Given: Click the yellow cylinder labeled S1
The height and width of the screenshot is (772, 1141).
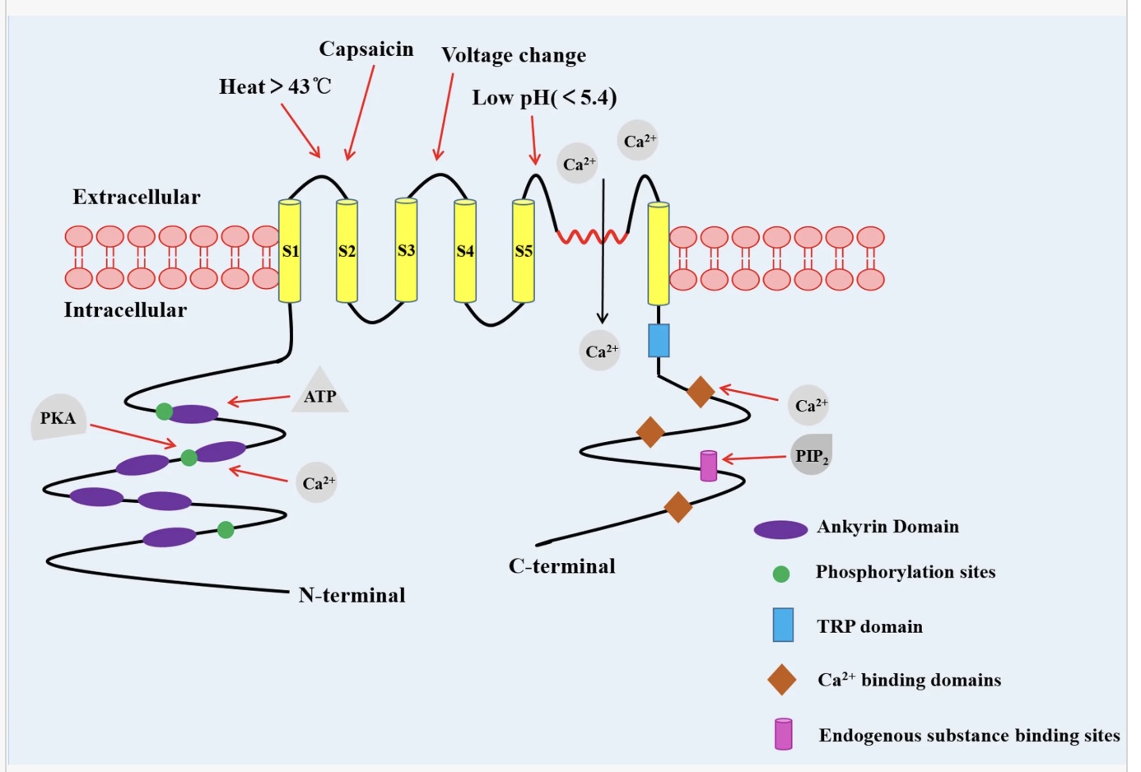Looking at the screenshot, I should tap(290, 251).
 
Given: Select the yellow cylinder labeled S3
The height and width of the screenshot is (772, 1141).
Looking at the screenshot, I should tap(406, 250).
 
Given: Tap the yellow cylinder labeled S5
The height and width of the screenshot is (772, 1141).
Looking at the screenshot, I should tap(524, 251).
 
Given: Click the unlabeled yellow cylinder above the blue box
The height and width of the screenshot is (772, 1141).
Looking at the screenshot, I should tap(659, 253).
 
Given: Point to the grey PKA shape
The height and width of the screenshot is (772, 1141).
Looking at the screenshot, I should tap(58, 418).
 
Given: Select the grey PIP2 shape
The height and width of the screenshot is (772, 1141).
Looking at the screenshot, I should tap(812, 455).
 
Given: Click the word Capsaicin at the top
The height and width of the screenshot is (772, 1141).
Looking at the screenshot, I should tap(366, 49).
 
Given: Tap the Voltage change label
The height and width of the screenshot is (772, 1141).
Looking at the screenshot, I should tap(514, 55).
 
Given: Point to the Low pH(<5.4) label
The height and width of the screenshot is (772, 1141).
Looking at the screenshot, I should tap(544, 98).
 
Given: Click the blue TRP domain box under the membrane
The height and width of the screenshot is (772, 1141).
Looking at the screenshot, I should tap(659, 340).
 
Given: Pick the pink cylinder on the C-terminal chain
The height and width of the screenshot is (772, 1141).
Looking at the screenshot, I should tap(709, 466).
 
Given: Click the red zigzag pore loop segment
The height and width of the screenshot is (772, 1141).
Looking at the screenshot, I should tap(592, 238).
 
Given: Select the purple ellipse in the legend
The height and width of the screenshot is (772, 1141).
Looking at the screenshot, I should tap(780, 529).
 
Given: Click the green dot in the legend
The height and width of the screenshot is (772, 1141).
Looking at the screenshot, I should tap(781, 574).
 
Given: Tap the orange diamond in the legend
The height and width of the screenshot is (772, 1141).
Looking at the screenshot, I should tap(781, 680).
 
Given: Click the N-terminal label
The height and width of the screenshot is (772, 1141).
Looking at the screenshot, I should tap(352, 595).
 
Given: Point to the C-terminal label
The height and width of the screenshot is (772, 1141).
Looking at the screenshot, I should tap(562, 566).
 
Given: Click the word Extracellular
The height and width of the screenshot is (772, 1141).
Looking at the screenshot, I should tap(137, 198).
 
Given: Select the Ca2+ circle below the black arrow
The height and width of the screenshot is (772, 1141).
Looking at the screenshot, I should tap(600, 351).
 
